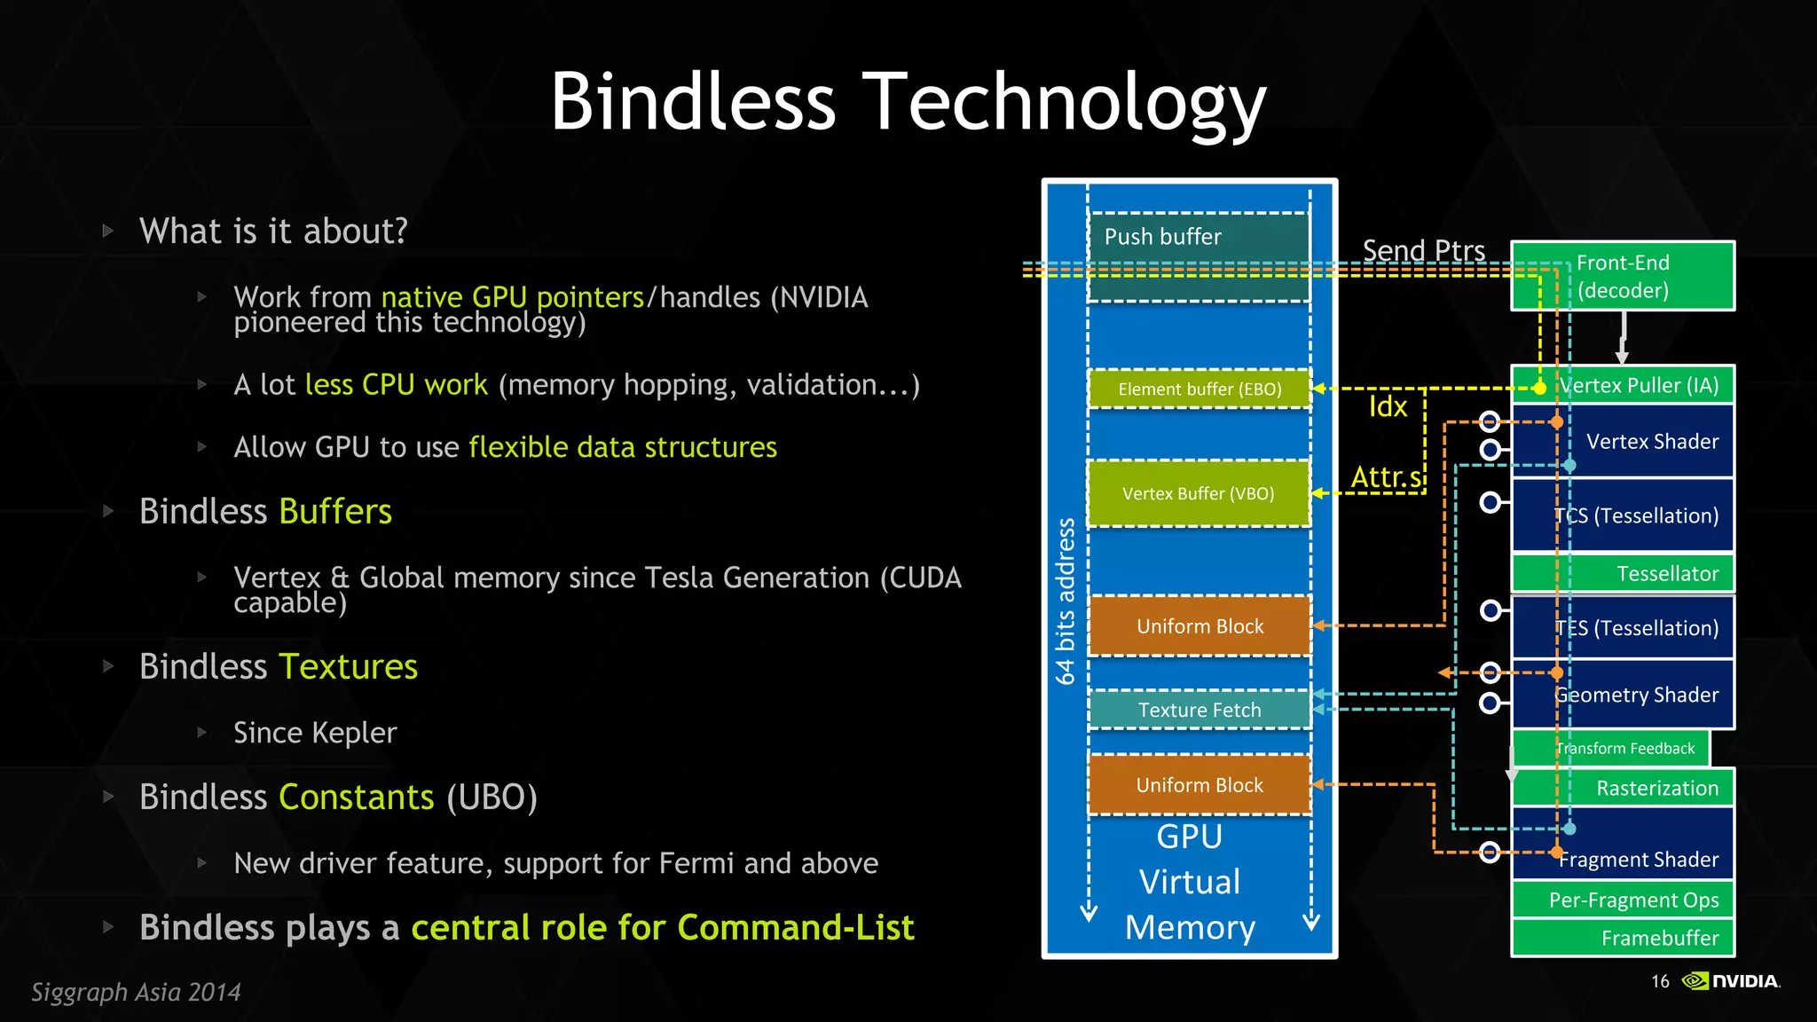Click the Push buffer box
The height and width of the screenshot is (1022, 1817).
coord(1199,256)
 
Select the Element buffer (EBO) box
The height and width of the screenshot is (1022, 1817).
coord(1199,389)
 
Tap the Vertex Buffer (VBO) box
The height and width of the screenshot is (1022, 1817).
coord(1199,493)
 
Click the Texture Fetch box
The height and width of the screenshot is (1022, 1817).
coord(1199,710)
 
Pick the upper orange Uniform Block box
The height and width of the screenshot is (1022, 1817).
coord(1199,626)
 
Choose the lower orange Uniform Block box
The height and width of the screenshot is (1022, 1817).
coord(1199,785)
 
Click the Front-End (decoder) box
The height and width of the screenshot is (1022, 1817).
coord(1623,276)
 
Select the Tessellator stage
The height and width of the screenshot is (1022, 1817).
coord(1623,574)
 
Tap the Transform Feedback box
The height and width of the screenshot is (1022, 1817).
coord(1610,749)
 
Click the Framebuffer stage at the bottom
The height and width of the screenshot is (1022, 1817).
coord(1623,939)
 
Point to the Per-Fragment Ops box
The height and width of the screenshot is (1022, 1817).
coord(1623,900)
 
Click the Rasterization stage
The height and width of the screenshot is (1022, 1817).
coord(1623,788)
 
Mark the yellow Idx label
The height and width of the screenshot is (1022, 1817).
coord(1388,407)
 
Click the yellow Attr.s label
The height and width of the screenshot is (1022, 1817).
coord(1386,477)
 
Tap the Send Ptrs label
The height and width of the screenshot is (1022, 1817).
coord(1423,251)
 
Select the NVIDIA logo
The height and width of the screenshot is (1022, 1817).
coord(1731,980)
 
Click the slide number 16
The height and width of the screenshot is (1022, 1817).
coord(1660,981)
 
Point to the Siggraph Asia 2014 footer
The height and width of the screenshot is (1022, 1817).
coord(136,992)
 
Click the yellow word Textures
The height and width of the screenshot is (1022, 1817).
coord(348,666)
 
